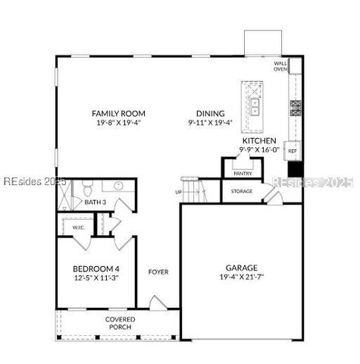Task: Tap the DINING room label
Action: (210, 112)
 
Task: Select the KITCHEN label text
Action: (258, 141)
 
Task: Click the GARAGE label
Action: (242, 268)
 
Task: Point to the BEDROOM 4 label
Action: (96, 269)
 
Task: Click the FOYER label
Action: (158, 272)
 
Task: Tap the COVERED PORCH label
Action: (121, 324)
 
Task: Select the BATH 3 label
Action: (95, 202)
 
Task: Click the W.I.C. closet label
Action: (79, 227)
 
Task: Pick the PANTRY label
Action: (243, 174)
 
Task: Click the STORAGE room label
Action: (243, 191)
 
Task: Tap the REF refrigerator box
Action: (292, 152)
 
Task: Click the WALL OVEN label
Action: (280, 67)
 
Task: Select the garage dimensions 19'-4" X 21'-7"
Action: (242, 278)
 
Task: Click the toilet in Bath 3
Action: (88, 187)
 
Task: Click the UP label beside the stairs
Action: (179, 192)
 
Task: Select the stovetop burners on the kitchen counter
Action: (296, 108)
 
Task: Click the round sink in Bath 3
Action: (118, 186)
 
